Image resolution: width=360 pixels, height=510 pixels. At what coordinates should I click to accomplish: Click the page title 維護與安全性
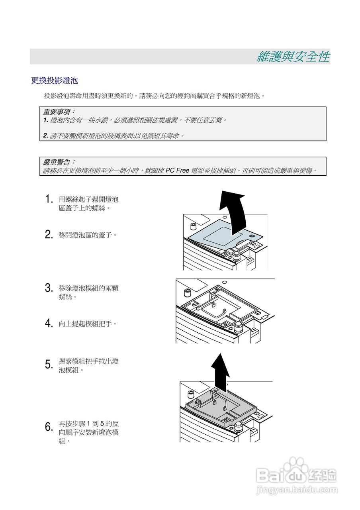pos(293,57)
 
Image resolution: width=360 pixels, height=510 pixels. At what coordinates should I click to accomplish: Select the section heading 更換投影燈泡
pos(54,81)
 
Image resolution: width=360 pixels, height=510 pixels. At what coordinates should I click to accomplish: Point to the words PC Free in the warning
pos(177,171)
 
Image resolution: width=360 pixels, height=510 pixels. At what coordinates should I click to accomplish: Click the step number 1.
pos(49,199)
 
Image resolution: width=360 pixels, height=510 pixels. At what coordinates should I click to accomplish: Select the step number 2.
pos(49,235)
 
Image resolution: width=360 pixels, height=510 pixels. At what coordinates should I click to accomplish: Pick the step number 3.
pos(49,288)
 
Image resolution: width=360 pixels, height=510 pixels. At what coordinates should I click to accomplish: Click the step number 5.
pos(49,364)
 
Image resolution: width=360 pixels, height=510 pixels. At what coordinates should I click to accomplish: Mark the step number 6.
pos(49,427)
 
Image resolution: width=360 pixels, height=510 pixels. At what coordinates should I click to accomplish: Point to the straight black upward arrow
pos(220,369)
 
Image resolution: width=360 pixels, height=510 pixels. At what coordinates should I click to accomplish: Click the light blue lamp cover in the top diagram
pos(217,234)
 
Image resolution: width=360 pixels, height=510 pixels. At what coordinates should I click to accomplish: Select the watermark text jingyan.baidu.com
pos(295,489)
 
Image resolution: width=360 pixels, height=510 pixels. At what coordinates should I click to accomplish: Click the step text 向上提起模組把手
pos(88,324)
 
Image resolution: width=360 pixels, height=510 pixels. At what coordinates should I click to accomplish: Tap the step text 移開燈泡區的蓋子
pos(88,235)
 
